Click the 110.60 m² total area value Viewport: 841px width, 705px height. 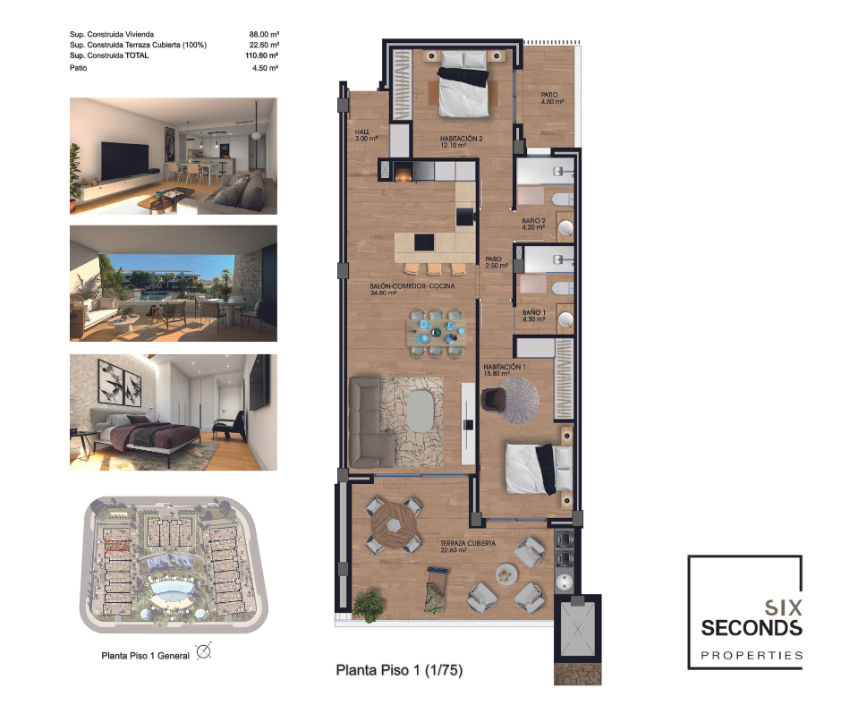tap(262, 55)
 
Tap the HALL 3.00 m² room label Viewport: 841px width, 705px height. tap(366, 135)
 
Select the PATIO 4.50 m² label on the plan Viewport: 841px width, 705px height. tap(552, 98)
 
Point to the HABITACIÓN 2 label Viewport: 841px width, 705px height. tap(462, 139)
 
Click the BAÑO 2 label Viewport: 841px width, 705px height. tap(533, 220)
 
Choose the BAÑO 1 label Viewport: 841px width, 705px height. tap(534, 312)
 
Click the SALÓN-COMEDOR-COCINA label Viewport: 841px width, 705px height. tap(412, 286)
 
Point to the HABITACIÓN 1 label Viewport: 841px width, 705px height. tap(505, 367)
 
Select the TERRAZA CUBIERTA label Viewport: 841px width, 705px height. tap(468, 543)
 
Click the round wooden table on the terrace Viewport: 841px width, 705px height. tap(395, 526)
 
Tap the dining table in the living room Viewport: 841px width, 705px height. tap(436, 332)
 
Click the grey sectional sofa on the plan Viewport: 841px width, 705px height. tap(371, 422)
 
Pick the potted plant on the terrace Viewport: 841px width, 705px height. tap(369, 606)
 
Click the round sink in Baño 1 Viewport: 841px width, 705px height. tap(565, 319)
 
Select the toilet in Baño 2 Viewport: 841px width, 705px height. tap(563, 200)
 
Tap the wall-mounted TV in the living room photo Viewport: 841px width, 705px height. tap(125, 160)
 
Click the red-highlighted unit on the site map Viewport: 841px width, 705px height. tap(117, 545)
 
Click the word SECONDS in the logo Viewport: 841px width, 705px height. tap(752, 628)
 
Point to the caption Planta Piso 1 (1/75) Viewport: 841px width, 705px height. tap(399, 670)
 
